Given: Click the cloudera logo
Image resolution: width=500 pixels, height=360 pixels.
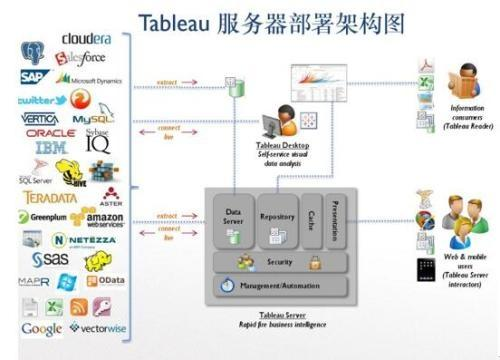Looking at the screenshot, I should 93,38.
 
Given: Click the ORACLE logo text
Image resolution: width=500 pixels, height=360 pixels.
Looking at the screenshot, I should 50,133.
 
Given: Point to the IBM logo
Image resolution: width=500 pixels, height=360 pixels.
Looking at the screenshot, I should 50,148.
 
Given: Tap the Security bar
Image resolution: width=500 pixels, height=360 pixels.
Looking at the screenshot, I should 280,262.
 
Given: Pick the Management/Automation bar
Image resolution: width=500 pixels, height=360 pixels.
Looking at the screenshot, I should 280,286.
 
